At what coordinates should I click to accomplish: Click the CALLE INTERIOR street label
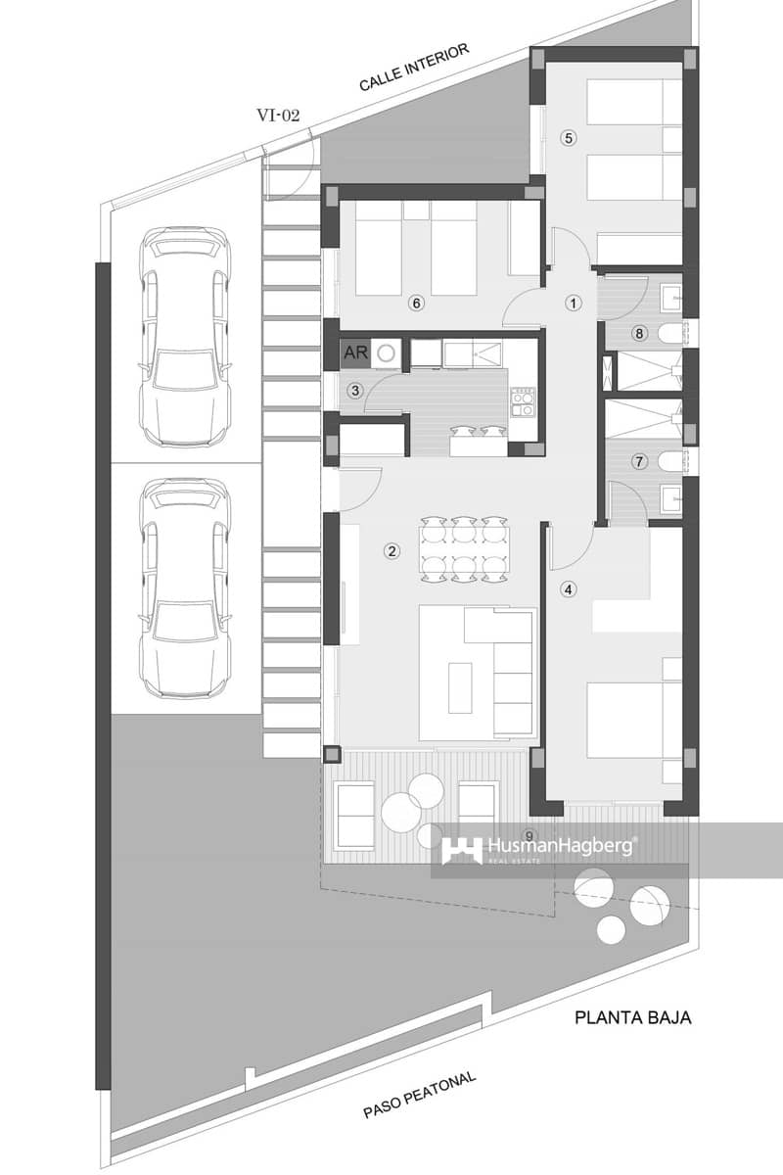415,67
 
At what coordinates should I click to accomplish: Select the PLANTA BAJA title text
632,1017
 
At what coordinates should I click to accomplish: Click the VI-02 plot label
278,115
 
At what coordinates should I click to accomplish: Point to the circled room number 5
568,138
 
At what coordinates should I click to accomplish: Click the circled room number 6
417,304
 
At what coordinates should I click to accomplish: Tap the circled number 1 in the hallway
575,303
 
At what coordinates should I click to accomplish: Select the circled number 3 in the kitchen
355,391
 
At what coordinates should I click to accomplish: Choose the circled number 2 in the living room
391,551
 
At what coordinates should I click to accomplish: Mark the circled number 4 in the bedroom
569,589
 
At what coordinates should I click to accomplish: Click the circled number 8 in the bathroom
640,334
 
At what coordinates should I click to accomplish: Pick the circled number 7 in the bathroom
640,460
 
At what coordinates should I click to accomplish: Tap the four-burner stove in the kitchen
524,401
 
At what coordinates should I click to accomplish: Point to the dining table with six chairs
464,549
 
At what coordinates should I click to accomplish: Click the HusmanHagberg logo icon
461,850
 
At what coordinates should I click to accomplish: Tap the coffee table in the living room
460,687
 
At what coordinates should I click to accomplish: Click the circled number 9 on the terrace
530,835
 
